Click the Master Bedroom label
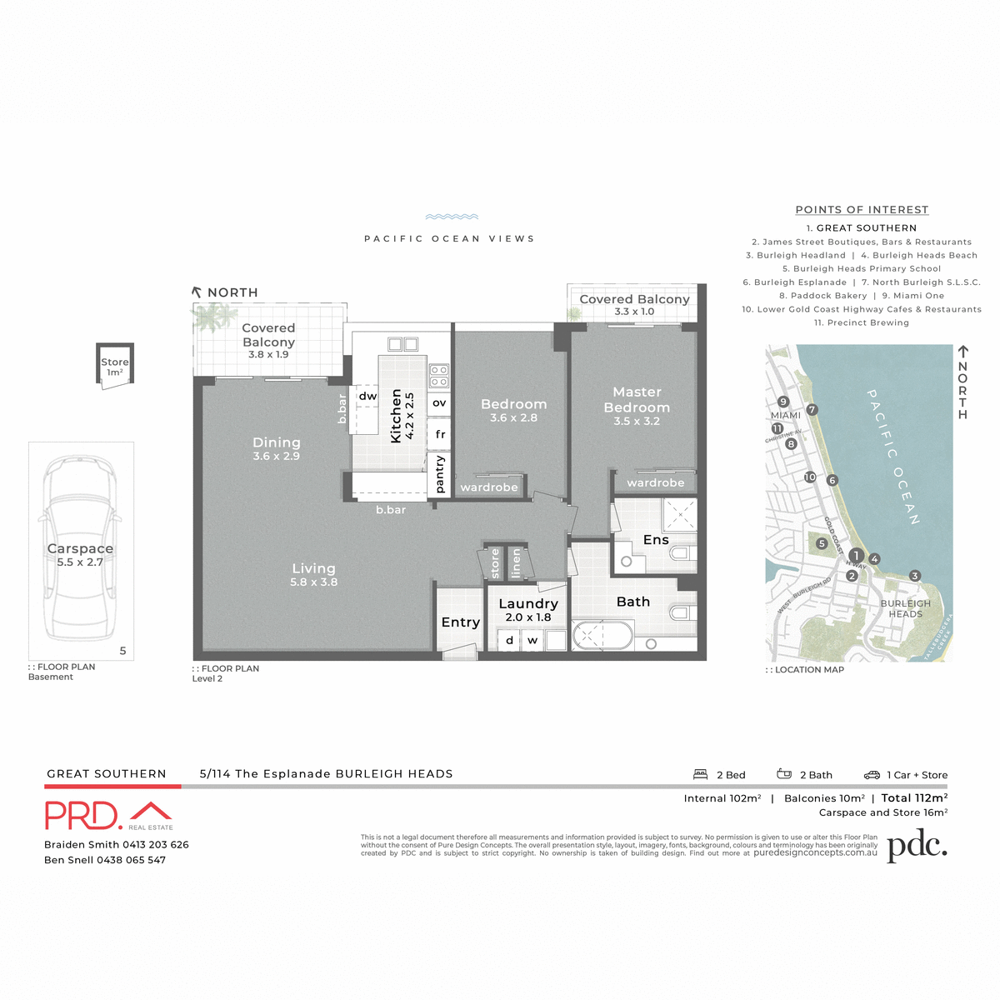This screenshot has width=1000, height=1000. point(637,400)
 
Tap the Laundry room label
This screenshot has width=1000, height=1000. point(528,603)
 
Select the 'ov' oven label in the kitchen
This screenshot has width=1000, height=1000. point(439,403)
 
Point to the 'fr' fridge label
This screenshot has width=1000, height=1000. point(440,434)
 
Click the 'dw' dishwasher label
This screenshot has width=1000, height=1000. point(367,397)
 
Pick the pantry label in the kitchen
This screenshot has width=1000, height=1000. point(440,474)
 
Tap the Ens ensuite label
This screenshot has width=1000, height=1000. point(656,540)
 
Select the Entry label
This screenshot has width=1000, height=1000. point(460,622)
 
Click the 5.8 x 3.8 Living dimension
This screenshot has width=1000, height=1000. point(314,582)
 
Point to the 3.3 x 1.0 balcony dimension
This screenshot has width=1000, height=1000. point(634,312)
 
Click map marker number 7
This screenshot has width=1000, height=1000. point(812,410)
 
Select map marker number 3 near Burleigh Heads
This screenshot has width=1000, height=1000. point(915,576)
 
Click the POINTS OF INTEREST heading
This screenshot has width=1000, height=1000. point(862,210)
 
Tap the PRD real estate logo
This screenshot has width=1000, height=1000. point(108,815)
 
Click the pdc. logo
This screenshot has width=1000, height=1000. point(917,847)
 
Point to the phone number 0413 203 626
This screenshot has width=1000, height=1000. point(156,845)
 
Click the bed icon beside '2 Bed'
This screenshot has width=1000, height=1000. point(701,774)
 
